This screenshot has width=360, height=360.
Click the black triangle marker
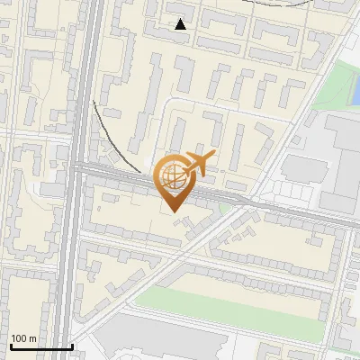(181, 24)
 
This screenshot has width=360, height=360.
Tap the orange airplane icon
(198, 165)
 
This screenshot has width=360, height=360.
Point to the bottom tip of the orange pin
(173, 212)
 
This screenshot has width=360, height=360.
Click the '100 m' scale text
(23, 338)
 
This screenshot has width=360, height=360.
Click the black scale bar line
(40, 346)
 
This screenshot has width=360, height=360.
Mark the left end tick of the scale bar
(10, 345)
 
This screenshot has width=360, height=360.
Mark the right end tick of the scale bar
(72, 345)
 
